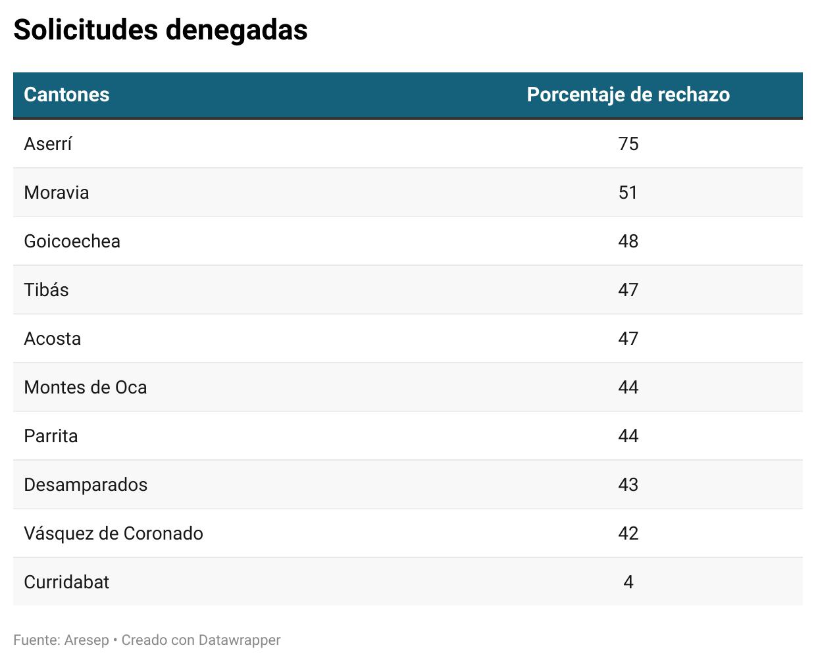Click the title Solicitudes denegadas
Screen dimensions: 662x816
pyautogui.click(x=161, y=30)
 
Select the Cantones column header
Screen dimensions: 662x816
pyautogui.click(x=66, y=95)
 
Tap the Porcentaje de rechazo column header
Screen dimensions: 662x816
pyautogui.click(x=628, y=95)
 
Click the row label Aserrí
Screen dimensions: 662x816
pyautogui.click(x=47, y=144)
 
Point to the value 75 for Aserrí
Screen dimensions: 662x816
pyautogui.click(x=628, y=144)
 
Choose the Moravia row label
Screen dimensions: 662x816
pyautogui.click(x=56, y=193)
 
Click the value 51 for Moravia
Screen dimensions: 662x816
pyautogui.click(x=628, y=193)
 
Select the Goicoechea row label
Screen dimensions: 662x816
pyautogui.click(x=72, y=242)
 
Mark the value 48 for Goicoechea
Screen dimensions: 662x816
pyautogui.click(x=628, y=242)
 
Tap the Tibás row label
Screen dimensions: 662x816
pyautogui.click(x=46, y=290)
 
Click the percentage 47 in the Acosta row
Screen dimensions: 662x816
pyautogui.click(x=628, y=339)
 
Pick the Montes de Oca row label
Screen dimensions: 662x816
pyautogui.click(x=85, y=388)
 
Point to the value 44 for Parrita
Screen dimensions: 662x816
pyautogui.click(x=628, y=436)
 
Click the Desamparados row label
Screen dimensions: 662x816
pyautogui.click(x=86, y=485)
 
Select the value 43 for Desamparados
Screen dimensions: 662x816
pyautogui.click(x=628, y=485)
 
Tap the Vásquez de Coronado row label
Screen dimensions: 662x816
pyautogui.click(x=113, y=534)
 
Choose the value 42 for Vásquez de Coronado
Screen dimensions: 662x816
pyautogui.click(x=628, y=534)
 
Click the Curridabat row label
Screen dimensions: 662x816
pyautogui.click(x=66, y=582)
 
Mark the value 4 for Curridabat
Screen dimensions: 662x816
pyautogui.click(x=628, y=582)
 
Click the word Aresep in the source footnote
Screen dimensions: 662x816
pyautogui.click(x=86, y=640)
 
